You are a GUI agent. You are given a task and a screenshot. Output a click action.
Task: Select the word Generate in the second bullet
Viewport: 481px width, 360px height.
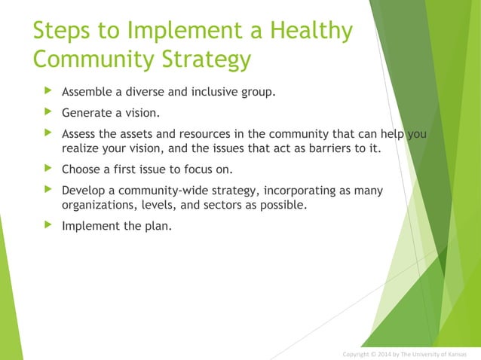[89, 114]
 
